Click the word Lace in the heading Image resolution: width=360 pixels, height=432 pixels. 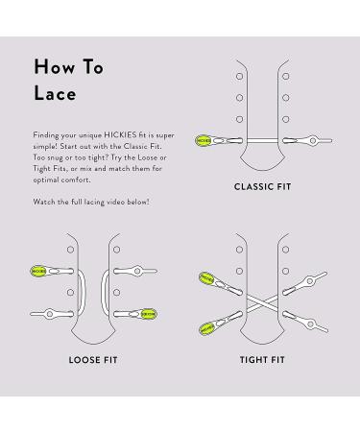click(55, 93)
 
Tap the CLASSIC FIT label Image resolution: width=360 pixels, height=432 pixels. click(263, 187)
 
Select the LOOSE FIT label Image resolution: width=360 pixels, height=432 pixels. click(93, 360)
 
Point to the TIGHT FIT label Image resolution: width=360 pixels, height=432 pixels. click(262, 360)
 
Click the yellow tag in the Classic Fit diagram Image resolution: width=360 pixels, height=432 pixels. click(204, 141)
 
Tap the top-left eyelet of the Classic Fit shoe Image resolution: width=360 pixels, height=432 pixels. click(239, 76)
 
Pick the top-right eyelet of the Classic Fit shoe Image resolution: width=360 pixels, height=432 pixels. click(286, 76)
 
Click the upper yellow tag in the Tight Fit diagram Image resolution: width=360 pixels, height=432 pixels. click(206, 278)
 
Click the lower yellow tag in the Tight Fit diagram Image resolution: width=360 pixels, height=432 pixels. click(206, 328)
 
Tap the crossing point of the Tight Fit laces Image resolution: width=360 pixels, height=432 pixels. click(263, 303)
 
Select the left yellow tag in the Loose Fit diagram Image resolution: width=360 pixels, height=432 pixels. click(38, 271)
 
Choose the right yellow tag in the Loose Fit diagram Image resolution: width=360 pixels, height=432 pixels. click(149, 314)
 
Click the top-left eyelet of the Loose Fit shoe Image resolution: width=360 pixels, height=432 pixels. click(70, 250)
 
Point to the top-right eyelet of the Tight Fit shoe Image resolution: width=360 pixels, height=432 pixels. click(286, 250)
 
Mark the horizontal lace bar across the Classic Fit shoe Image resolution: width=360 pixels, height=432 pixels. click(263, 140)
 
